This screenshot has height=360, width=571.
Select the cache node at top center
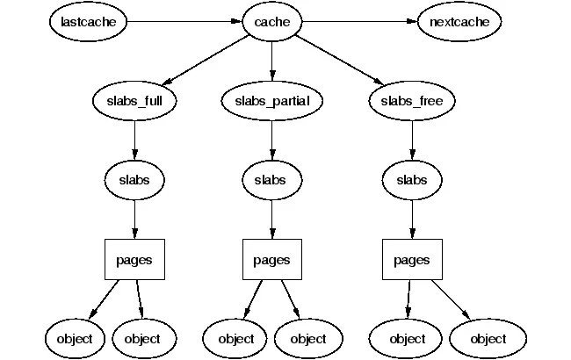click(x=271, y=21)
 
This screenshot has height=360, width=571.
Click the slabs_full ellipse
click(x=134, y=101)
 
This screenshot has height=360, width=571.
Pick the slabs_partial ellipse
click(x=271, y=101)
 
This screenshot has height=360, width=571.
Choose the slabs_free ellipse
click(x=412, y=101)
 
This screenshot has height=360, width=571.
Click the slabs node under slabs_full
click(x=134, y=180)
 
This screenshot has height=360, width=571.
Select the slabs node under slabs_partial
click(x=271, y=180)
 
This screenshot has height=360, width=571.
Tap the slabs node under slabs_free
click(x=412, y=180)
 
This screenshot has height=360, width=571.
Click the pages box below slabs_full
click(x=134, y=260)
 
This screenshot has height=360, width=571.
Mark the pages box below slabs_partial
click(x=271, y=260)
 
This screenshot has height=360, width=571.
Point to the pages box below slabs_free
click(x=412, y=260)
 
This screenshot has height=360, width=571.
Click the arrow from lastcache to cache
click(x=184, y=21)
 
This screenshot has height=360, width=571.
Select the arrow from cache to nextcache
click(x=360, y=21)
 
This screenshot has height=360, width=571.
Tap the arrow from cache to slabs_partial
click(x=271, y=61)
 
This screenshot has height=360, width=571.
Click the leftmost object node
click(x=75, y=338)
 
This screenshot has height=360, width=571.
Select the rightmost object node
click(x=488, y=338)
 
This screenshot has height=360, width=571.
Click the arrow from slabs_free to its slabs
click(x=412, y=140)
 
